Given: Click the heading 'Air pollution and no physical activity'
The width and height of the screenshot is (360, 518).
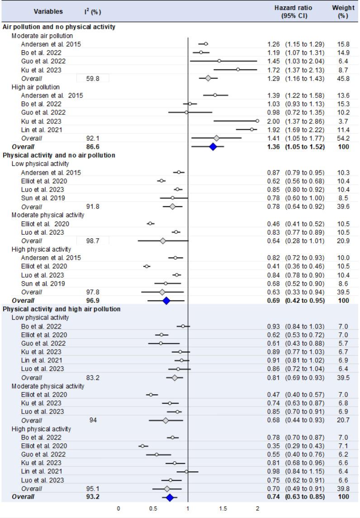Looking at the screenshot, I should click(x=59, y=27).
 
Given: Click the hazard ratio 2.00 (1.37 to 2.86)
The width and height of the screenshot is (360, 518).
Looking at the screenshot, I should click(x=295, y=121).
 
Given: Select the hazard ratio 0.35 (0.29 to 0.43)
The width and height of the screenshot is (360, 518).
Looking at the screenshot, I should click(x=295, y=446).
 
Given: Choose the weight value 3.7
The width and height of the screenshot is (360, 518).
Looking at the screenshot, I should click(x=343, y=121).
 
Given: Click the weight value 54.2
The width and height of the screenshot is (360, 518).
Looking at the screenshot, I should click(x=343, y=138).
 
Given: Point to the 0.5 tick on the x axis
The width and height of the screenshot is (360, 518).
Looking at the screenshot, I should click(x=153, y=509).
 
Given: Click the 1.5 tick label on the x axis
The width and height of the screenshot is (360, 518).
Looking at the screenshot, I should click(x=223, y=509).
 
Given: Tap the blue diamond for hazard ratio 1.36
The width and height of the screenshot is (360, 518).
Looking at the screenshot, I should click(x=213, y=146).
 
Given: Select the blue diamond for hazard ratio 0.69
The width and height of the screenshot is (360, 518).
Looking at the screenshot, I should click(x=166, y=300).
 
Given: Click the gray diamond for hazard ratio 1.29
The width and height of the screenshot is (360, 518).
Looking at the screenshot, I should click(x=208, y=78).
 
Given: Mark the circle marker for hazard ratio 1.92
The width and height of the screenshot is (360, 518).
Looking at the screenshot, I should click(x=251, y=129).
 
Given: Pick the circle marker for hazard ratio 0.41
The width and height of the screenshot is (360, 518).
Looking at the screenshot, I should click(x=147, y=266).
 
